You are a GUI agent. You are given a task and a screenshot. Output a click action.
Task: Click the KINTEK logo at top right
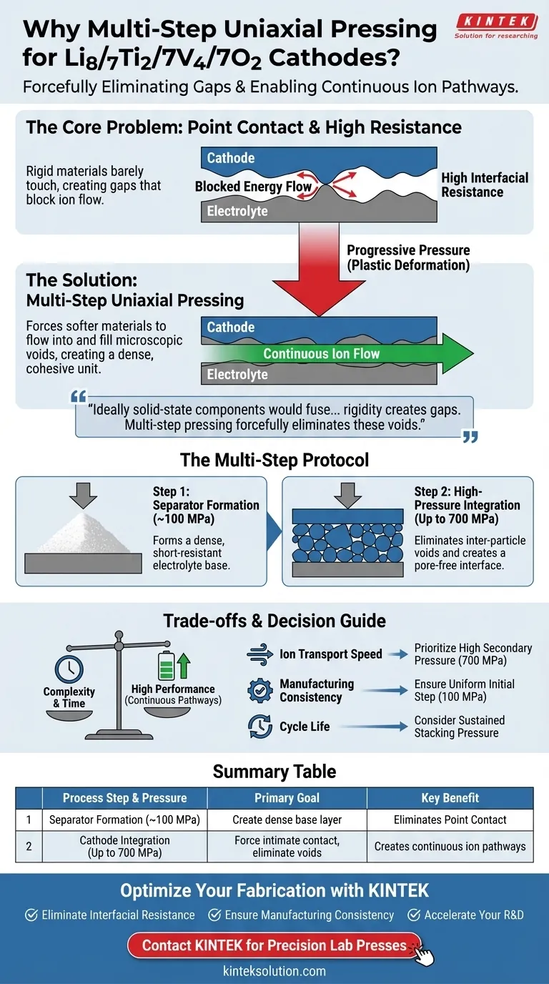coord(495,27)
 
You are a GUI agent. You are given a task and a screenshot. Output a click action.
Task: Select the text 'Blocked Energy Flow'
coord(254,187)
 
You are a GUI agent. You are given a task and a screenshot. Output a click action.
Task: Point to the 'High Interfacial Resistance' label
coord(485,184)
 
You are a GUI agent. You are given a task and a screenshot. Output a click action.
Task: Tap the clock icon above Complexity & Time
coord(69,670)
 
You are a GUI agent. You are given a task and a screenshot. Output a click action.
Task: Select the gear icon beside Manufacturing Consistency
coord(259,690)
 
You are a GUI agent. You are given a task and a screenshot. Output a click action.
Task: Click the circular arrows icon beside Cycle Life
coord(259,727)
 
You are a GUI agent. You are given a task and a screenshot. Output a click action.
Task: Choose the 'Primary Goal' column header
coord(287,798)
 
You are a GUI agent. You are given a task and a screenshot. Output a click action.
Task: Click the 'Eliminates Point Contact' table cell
coord(450,820)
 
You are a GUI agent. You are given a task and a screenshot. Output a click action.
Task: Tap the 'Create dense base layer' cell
coord(287,820)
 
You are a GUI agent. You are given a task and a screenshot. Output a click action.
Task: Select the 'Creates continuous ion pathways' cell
coord(450,846)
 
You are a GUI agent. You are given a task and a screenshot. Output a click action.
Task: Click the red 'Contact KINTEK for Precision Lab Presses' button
coord(274,945)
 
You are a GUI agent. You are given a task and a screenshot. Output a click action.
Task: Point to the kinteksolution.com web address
coord(274,970)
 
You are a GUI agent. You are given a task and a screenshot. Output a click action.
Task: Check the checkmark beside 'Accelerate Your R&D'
coord(414,915)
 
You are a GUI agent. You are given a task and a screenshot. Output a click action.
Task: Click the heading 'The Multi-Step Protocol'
coord(274,459)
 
